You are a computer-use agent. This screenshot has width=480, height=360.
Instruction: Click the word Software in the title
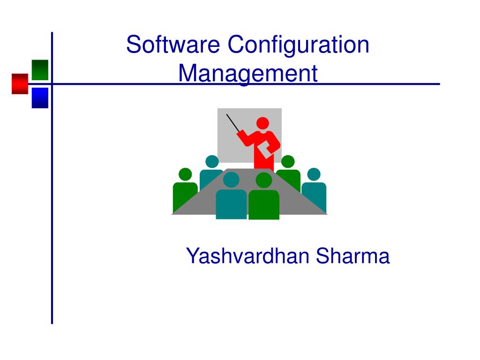click(x=173, y=45)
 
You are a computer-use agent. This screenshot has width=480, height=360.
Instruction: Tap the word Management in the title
click(x=248, y=74)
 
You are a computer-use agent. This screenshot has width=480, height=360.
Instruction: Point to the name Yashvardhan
click(x=247, y=256)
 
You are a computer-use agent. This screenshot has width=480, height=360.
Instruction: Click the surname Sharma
click(x=352, y=256)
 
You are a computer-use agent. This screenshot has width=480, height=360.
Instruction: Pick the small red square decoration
click(x=20, y=83)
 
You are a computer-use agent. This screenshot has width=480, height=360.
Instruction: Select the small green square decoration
click(x=40, y=70)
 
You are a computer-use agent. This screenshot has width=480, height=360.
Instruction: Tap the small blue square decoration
click(x=40, y=97)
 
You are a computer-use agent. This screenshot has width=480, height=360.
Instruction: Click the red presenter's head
click(x=263, y=123)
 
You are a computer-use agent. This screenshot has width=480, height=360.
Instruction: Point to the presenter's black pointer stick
click(x=233, y=123)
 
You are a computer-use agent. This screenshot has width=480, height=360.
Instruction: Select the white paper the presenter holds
click(x=265, y=150)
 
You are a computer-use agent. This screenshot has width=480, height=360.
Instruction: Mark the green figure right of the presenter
click(x=288, y=173)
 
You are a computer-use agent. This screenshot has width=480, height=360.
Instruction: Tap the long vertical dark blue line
click(x=52, y=211)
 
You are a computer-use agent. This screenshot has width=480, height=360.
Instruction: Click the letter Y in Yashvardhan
click(x=192, y=256)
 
